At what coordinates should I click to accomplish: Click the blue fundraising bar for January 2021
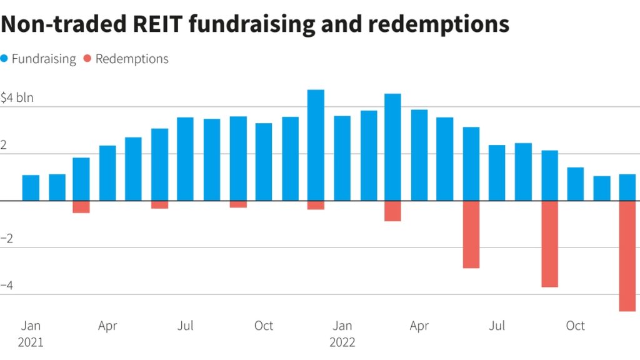point(31,187)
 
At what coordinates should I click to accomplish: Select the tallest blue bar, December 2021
point(316,145)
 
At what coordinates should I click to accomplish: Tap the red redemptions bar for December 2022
point(627,256)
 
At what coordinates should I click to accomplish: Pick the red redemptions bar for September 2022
point(549,244)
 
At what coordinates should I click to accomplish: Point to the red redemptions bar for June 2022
point(471,234)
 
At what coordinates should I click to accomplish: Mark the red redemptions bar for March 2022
point(392,211)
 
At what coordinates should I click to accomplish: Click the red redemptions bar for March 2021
point(81,207)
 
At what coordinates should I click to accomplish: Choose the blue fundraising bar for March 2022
point(392,147)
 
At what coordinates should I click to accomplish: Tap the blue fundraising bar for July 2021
point(185,159)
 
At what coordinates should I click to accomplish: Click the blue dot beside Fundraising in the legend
point(5,59)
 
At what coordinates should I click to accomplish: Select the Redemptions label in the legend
point(132,59)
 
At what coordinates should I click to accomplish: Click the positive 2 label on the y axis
point(4,144)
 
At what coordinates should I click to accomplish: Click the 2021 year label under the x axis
point(31,342)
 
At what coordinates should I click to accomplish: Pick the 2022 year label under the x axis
point(342,342)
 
